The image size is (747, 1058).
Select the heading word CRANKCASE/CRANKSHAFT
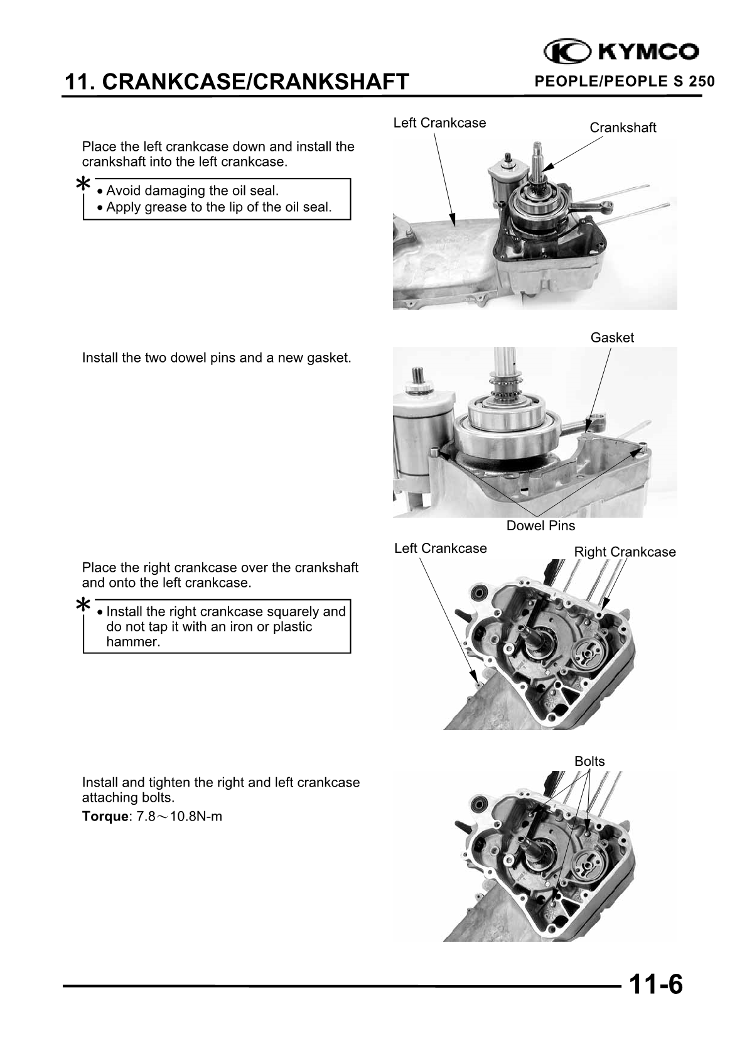click(254, 82)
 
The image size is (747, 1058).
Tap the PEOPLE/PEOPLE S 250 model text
click(624, 82)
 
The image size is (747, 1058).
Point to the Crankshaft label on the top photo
click(623, 128)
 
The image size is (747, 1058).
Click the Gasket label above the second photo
click(612, 337)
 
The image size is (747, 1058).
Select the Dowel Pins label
click(540, 525)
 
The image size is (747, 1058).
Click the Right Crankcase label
click(625, 552)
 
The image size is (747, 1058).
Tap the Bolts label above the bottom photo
click(589, 761)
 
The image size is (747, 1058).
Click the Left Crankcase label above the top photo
click(439, 123)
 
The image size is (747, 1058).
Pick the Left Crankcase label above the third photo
click(440, 548)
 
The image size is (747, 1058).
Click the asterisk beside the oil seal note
click(82, 185)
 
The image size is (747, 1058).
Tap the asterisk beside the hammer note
click(82, 606)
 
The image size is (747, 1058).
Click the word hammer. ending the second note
click(133, 641)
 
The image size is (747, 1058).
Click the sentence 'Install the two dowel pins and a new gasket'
click(217, 358)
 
